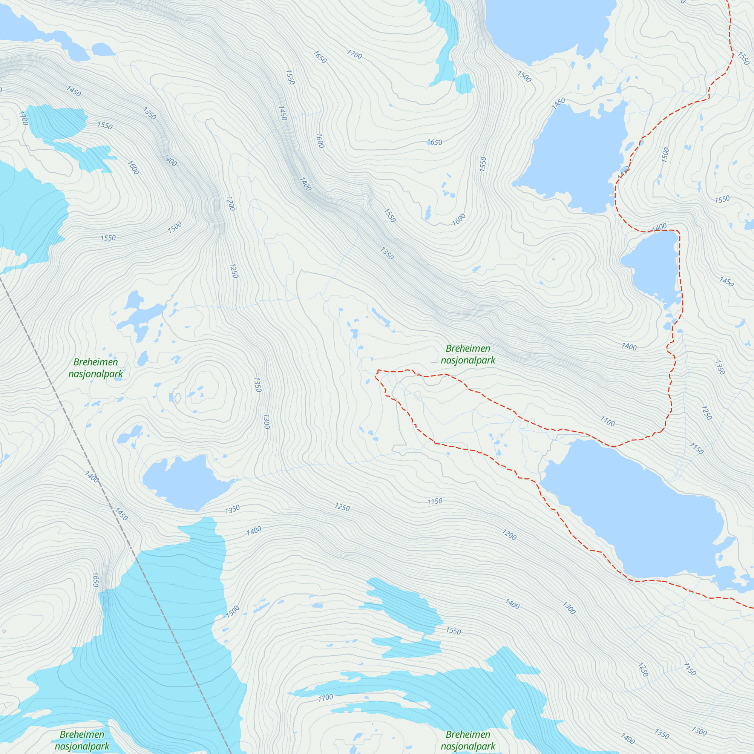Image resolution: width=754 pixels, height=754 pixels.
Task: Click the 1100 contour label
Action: [x=607, y=421]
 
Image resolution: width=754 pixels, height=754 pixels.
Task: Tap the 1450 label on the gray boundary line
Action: [x=121, y=514]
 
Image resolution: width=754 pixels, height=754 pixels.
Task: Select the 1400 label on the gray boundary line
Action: [x=92, y=477]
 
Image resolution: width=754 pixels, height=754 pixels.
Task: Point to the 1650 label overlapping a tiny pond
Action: [x=435, y=143]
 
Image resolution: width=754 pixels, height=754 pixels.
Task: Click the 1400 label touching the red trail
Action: [x=659, y=227]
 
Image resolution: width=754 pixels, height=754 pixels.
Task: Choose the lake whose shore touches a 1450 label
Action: [x=574, y=156]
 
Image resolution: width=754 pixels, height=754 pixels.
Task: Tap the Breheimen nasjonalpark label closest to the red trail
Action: [x=468, y=354]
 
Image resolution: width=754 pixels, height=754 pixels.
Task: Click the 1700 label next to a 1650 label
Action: [x=354, y=55]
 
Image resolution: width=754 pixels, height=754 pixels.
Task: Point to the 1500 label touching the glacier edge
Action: [x=233, y=611]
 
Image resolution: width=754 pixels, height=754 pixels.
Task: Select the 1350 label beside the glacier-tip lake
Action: [x=232, y=509]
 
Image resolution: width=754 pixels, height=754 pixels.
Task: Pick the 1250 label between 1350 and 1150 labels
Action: [x=342, y=507]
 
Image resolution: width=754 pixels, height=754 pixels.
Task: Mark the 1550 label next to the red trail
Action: [x=743, y=58]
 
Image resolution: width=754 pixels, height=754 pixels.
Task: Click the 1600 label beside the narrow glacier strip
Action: [x=133, y=167]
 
